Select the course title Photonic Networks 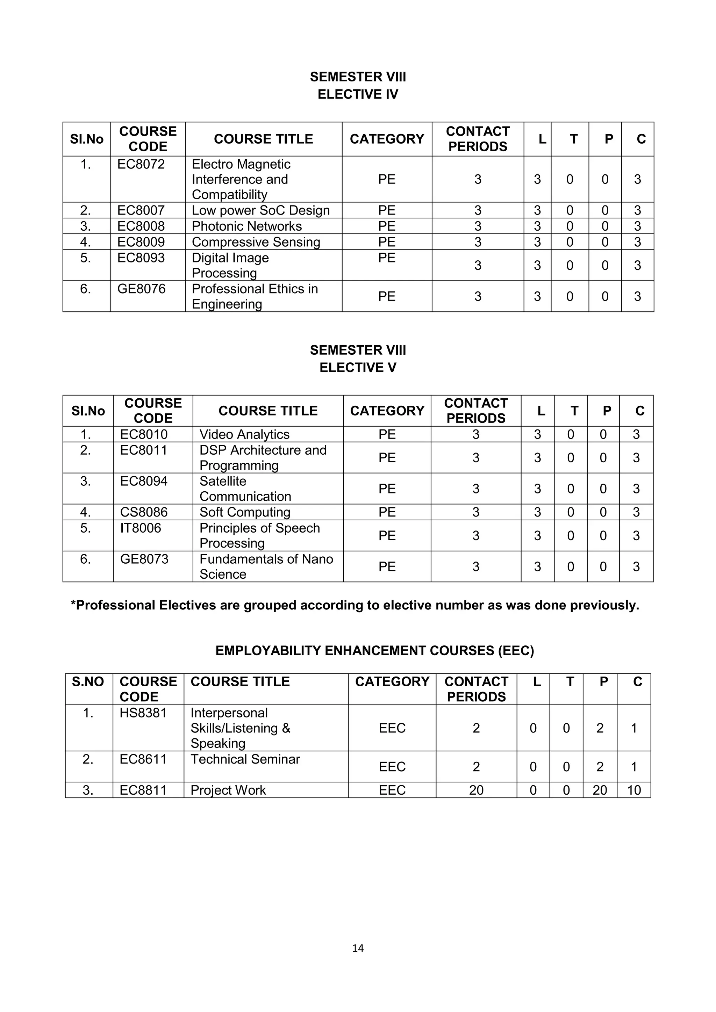click(246, 226)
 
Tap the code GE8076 click(141, 289)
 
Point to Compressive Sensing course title click(256, 242)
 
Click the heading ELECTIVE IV click(358, 94)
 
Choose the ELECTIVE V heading click(358, 368)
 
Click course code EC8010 click(144, 434)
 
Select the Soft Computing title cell click(245, 512)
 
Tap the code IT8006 click(141, 528)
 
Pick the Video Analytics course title click(244, 434)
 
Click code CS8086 click(144, 512)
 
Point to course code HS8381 click(143, 713)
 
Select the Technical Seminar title click(245, 759)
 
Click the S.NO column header click(88, 682)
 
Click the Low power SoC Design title click(260, 210)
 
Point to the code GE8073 click(144, 559)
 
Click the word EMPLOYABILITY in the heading click(268, 651)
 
